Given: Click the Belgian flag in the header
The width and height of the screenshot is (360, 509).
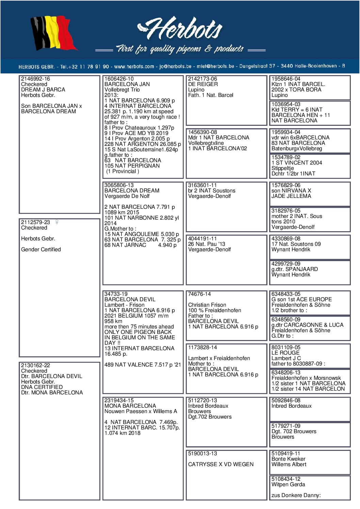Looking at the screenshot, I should coord(53,33).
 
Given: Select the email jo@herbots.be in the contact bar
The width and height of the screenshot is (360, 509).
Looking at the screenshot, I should coord(175,67).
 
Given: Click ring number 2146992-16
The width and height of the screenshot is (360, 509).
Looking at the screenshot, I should coord(35,79).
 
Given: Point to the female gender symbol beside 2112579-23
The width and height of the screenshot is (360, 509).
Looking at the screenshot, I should coord(57,222).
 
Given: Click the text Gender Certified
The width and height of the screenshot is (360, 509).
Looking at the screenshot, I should coord(41,250).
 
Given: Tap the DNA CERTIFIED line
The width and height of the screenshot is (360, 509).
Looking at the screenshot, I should coord(42,387).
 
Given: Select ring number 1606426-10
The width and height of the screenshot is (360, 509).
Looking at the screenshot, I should coord(119,79).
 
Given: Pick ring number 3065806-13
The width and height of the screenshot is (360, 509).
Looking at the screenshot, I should coord(119,185).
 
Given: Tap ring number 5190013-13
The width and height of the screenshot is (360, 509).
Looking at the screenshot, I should coord(202,454).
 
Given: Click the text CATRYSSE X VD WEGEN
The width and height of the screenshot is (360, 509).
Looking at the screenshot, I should coord(221,464).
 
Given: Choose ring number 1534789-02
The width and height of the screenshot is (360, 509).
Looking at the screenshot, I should coord(286,157).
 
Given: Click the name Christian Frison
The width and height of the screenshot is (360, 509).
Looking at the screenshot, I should coord(207,305).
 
